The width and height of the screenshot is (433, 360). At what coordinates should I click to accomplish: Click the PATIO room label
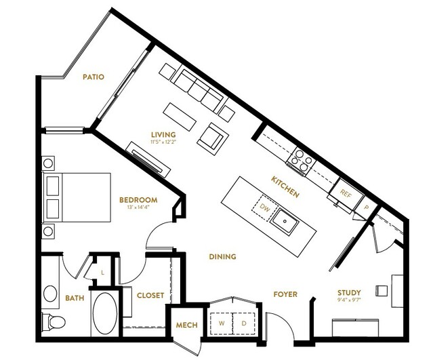94,77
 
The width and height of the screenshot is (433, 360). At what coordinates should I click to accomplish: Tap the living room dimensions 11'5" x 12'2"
163,142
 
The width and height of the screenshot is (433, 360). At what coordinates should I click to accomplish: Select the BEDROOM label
138,200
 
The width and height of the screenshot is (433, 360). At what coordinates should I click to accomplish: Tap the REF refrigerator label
346,193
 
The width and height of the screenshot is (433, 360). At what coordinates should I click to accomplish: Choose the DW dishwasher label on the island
265,207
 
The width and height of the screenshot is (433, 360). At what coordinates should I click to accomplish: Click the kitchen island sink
285,222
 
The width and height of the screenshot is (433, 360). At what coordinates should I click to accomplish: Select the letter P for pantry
366,207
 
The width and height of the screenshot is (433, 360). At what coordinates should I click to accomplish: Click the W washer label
222,323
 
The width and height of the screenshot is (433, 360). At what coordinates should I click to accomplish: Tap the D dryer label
244,323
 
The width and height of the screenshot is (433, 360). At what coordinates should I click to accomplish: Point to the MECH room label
186,325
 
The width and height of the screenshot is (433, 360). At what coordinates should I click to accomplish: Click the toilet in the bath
54,321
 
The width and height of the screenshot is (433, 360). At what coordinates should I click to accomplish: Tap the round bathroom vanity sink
50,294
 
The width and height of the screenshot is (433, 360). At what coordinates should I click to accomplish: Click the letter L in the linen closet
102,273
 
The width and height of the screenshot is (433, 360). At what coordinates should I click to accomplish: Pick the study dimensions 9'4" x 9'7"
350,300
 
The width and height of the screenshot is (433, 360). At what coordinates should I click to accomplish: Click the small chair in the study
382,291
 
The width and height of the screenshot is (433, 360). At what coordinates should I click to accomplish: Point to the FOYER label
285,294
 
